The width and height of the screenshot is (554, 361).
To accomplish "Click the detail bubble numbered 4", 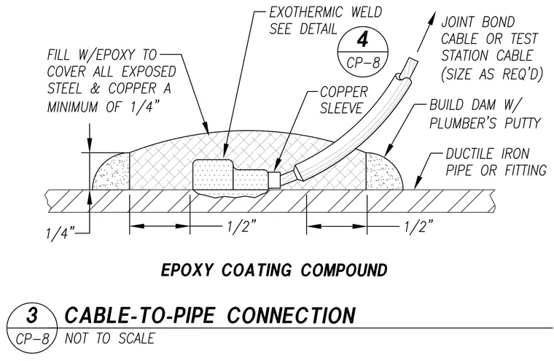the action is pos(363,50).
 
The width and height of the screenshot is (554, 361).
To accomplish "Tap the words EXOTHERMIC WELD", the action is pos(325,12).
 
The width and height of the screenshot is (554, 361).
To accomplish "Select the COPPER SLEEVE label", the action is pos(343,100).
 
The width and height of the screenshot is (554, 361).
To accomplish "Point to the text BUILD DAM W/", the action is pos(475,105).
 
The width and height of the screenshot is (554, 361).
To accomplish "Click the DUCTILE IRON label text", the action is pos(488,153).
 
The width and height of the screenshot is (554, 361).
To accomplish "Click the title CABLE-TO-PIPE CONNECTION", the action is pos(210,315).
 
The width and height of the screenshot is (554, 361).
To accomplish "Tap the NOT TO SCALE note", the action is pos(109,338).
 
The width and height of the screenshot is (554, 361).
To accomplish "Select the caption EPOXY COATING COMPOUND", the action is pos(274,271).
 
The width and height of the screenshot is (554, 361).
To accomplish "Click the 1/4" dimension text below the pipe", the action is pos(61,233).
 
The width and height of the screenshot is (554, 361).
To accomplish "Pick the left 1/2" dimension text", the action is pos(242,226).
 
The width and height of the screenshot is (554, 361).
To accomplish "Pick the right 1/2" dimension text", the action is pos(419,226).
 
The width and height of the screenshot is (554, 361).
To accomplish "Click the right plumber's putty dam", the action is pos(383,172).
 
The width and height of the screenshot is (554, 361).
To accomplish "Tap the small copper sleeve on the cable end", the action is pos(275,179).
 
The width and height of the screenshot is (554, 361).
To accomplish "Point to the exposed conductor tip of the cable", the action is pos(409,68).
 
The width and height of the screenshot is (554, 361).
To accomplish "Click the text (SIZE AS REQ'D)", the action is pos(491,74).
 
